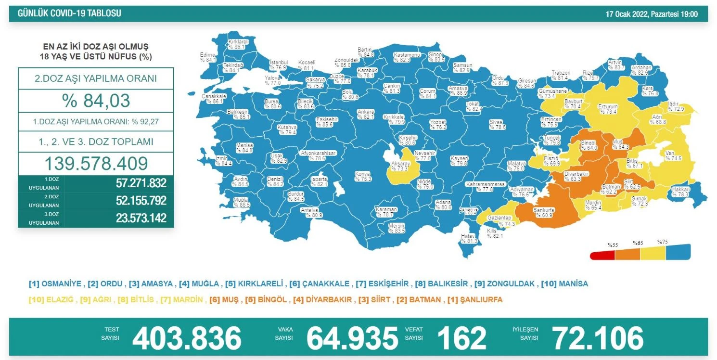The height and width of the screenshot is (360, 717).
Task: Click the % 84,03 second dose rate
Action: pyautogui.click(x=96, y=101)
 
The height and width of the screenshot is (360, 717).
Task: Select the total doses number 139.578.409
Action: pyautogui.click(x=96, y=164)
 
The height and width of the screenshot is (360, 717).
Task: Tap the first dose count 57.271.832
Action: pyautogui.click(x=141, y=183)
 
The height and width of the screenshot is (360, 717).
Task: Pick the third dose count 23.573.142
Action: pyautogui.click(x=141, y=218)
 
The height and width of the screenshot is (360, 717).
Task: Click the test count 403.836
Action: pyautogui.click(x=187, y=338)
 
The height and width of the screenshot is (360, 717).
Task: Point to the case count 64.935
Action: pyautogui.click(x=352, y=338)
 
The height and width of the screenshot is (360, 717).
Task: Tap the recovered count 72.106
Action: pyautogui.click(x=597, y=338)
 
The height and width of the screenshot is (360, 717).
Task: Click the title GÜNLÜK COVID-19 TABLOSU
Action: pyautogui.click(x=69, y=13)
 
